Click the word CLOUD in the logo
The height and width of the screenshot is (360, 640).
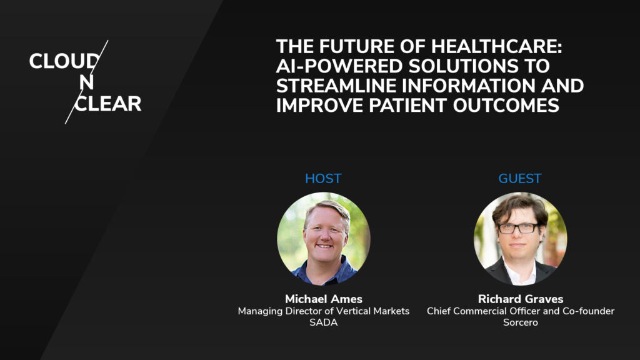coord(63,62)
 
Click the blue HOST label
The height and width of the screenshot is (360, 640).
coord(323,179)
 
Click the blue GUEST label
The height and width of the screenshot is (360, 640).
coord(520,179)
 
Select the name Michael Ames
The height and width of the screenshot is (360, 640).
coord(323,299)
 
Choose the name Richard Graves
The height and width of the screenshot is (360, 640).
coord(520,299)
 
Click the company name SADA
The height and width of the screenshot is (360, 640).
coord(323,322)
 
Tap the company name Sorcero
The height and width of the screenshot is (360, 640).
coord(520,322)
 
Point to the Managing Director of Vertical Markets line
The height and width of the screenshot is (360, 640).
coord(323,311)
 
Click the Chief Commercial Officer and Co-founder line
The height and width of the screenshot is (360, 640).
coord(520,311)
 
